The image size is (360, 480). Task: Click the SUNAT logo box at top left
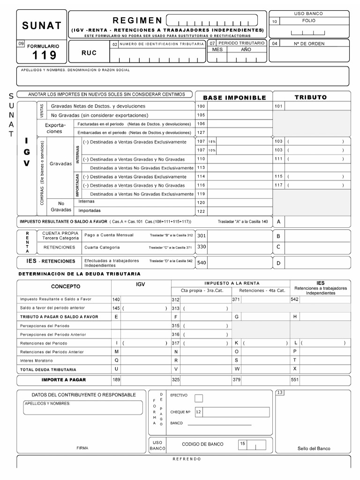point(42,25)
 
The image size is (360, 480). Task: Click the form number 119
point(44,55)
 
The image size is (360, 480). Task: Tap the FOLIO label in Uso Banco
point(309,21)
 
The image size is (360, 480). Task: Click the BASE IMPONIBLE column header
point(234,97)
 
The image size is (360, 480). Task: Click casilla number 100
point(201,106)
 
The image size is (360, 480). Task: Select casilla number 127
point(201,133)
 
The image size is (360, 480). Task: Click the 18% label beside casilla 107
point(212,142)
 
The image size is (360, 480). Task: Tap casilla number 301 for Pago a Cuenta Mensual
point(201,235)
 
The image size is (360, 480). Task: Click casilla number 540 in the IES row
point(201,262)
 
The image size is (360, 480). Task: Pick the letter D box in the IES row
point(278,263)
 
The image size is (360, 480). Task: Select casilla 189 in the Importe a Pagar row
point(116,380)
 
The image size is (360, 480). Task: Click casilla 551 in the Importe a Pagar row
point(295,380)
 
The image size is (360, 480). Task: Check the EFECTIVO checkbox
point(199,398)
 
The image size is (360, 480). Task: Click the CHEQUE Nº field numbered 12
point(232,412)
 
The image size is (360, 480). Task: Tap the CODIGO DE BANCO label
point(202,444)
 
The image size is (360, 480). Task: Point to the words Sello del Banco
point(314,448)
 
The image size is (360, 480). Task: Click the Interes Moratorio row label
point(37,360)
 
